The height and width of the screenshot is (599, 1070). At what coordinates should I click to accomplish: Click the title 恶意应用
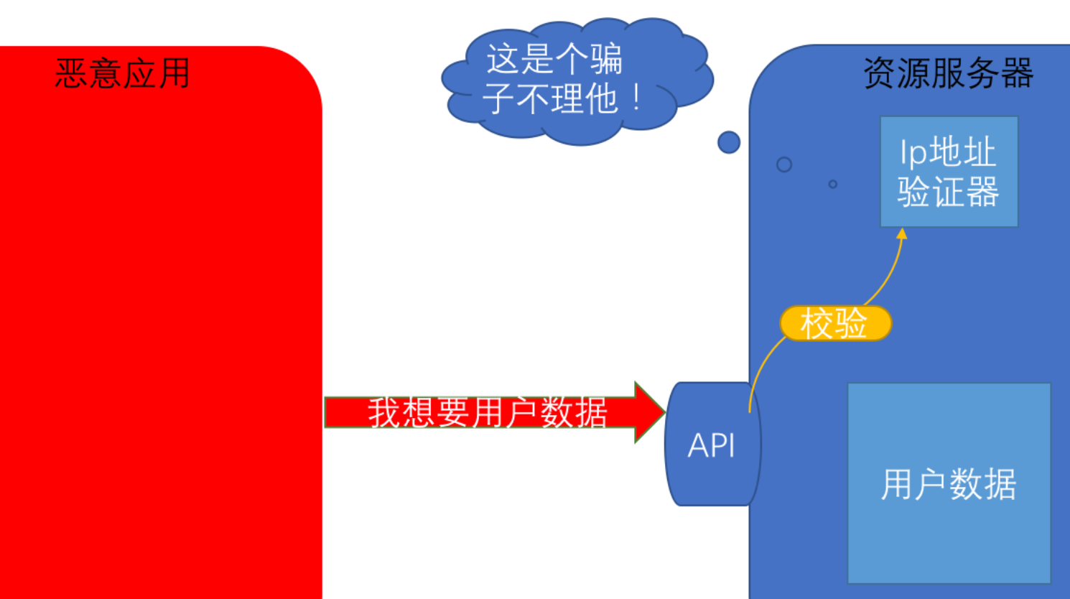[123, 73]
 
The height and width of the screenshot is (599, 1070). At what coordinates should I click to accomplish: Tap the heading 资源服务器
[948, 73]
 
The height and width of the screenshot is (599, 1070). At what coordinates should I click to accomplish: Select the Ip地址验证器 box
[949, 172]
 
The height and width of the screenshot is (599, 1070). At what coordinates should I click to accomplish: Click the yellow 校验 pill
[835, 323]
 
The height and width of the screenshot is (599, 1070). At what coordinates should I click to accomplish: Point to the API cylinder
[712, 445]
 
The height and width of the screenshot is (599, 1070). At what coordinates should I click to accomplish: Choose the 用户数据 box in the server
[949, 483]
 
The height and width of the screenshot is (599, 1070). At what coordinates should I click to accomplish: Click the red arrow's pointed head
[649, 412]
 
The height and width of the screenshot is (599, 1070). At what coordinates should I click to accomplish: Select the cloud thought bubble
[574, 79]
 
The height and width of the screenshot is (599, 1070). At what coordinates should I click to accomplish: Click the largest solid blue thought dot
[729, 142]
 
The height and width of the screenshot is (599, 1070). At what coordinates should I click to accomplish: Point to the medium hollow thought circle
[784, 164]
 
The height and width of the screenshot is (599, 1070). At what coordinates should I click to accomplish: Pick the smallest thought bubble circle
[833, 185]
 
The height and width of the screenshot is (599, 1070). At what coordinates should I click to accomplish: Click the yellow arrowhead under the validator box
[902, 234]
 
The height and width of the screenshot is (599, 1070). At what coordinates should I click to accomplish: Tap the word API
[712, 446]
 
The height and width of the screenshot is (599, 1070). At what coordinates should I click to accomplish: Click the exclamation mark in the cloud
[637, 99]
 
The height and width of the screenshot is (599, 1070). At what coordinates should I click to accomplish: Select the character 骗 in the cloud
[607, 59]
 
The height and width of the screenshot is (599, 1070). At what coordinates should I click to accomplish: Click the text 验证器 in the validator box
[948, 192]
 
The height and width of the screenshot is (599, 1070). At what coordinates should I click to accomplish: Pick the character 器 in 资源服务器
[1017, 73]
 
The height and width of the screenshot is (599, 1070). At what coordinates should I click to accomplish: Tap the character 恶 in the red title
[71, 73]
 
